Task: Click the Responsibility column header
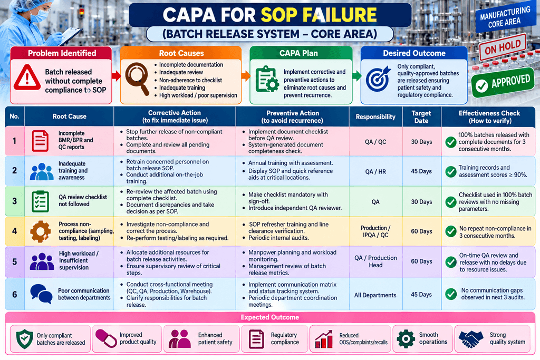[x=375, y=116]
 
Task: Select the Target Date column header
[x=421, y=117]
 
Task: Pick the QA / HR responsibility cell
[x=375, y=171]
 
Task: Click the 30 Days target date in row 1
[x=421, y=141]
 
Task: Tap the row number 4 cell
[x=14, y=231]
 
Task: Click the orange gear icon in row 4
[x=40, y=231]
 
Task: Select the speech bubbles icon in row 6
[x=41, y=294]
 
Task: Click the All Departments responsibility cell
[x=375, y=295]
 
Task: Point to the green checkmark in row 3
[x=451, y=202]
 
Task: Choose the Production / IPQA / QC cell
[x=375, y=231]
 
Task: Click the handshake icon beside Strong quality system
[x=471, y=339]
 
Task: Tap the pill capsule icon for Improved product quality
[x=106, y=338]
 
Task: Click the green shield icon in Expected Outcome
[x=25, y=339]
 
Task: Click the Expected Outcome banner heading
[x=269, y=317]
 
